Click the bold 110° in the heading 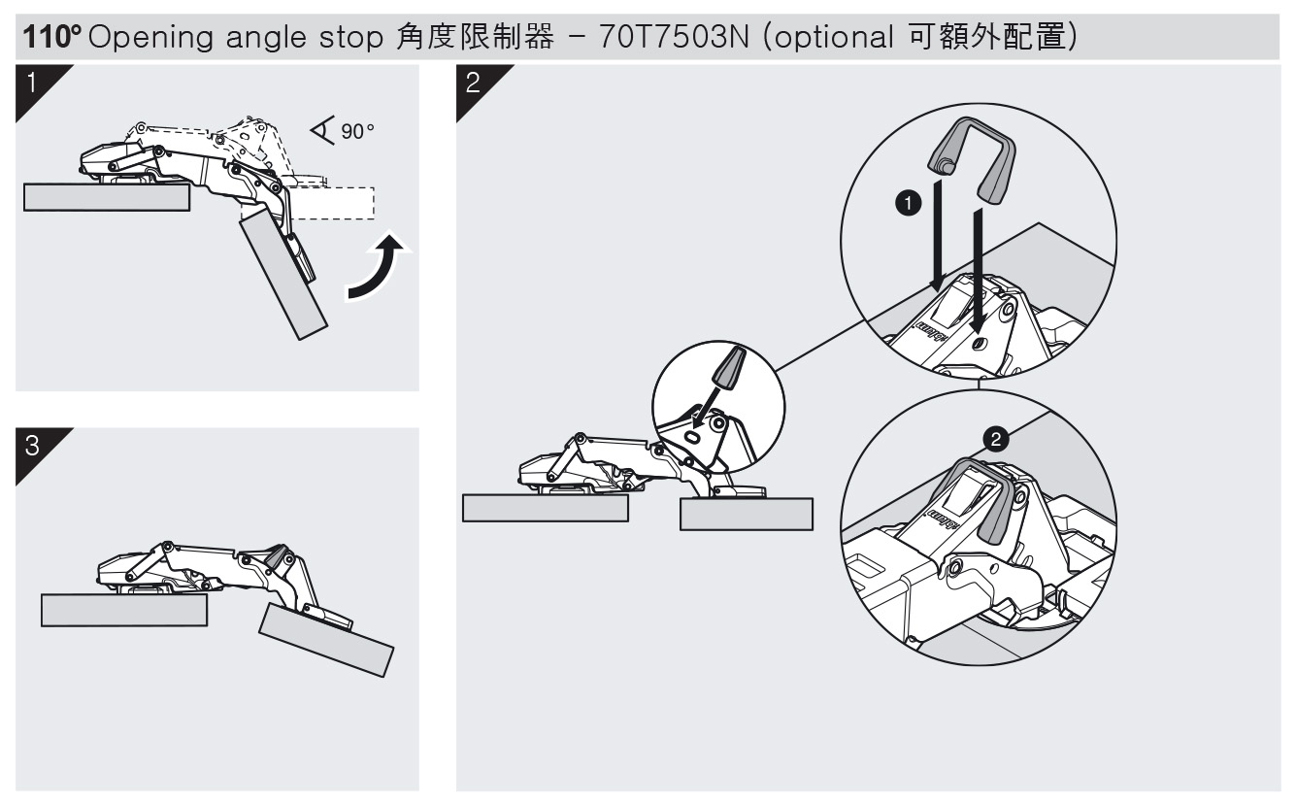coord(52,37)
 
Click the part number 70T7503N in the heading coord(674,37)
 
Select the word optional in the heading coord(834,38)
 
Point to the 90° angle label coord(357,131)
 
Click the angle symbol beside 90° coord(323,130)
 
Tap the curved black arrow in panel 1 coord(377,267)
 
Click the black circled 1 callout coord(909,203)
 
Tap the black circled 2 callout coord(996,440)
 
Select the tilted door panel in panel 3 coord(326,640)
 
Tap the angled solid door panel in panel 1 coord(283,274)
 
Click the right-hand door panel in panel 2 coord(747,514)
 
